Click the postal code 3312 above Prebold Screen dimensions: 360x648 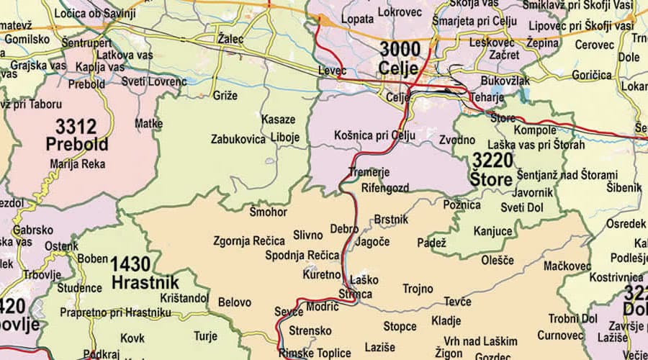pos(76,127)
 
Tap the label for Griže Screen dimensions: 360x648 pos(225,95)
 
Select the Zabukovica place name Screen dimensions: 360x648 pos(238,139)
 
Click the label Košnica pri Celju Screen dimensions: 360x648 pos(376,135)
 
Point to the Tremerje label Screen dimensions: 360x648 pos(369,172)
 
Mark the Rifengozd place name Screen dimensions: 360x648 pos(385,188)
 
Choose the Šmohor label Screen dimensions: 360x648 pos(268,212)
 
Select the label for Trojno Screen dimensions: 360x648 pos(418,289)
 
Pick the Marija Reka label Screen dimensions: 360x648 pos(77,164)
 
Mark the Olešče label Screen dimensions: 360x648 pos(498,259)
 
